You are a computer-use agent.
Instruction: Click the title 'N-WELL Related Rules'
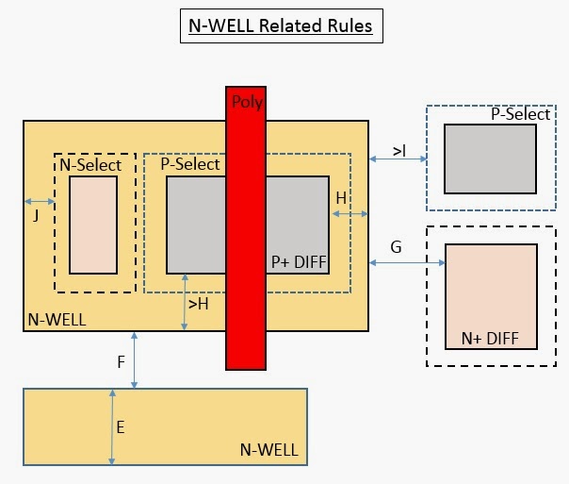tap(281, 26)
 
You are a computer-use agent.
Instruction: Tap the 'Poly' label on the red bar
tap(246, 103)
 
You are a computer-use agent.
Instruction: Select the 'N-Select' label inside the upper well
tap(90, 165)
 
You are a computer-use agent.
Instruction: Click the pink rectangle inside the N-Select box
tap(93, 225)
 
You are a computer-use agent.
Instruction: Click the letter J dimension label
tap(36, 214)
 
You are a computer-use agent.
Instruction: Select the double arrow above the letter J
tap(40, 201)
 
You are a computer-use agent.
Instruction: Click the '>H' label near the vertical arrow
tap(199, 304)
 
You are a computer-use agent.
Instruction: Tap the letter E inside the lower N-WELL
tap(121, 426)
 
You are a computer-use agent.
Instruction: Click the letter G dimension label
tap(396, 247)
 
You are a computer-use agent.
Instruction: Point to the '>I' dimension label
tap(399, 150)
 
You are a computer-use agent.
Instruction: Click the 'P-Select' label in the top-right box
tap(520, 114)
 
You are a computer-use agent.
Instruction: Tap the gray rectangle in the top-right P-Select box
tap(490, 158)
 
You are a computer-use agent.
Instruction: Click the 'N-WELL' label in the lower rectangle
tap(268, 450)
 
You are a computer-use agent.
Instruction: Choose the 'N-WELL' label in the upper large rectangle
tap(57, 320)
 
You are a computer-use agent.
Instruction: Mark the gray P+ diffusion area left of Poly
tap(196, 225)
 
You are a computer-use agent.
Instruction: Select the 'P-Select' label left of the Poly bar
tap(189, 164)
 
